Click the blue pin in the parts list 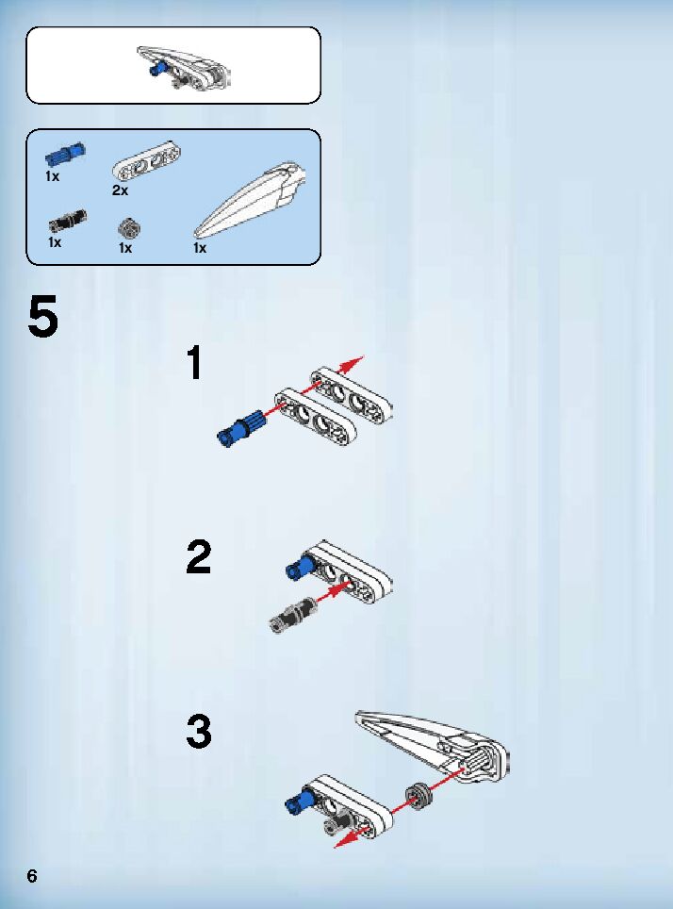click(x=65, y=155)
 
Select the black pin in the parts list click(x=68, y=221)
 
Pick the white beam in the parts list click(x=145, y=161)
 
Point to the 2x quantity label click(x=120, y=190)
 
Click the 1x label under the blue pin click(x=52, y=176)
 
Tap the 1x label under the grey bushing click(x=125, y=248)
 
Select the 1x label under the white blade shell click(x=200, y=248)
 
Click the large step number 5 click(x=43, y=316)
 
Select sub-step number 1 click(x=195, y=363)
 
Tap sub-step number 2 click(x=199, y=556)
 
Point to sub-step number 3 click(x=199, y=732)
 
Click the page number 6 click(x=32, y=875)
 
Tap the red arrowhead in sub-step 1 click(x=353, y=365)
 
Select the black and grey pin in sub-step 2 click(x=293, y=615)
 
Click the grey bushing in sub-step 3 click(x=419, y=796)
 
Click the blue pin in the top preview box click(x=156, y=70)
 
